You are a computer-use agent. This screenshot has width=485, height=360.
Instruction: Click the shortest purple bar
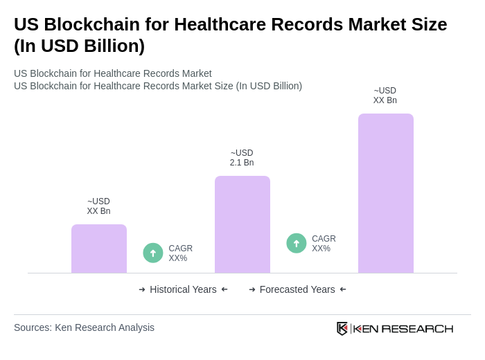point(99,249)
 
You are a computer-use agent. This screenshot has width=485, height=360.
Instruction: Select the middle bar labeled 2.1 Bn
point(242,224)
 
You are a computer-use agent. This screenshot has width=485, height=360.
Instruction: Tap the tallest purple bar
point(386,193)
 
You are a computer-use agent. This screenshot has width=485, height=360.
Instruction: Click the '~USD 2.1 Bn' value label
point(242,158)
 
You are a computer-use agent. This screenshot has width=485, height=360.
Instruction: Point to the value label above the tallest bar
point(385,96)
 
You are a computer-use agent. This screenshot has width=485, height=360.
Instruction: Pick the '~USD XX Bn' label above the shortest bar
point(98,206)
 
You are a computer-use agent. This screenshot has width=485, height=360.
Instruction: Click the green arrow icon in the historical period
point(153,253)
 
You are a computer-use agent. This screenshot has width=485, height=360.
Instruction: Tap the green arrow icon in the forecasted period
point(297,243)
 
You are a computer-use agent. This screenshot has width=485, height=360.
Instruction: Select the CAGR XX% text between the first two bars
point(180,253)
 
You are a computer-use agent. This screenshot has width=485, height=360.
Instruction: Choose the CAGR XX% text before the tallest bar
point(324,244)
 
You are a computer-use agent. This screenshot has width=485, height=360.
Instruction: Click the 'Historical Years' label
point(183,289)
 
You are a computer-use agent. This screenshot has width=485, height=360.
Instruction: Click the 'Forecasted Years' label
point(297,289)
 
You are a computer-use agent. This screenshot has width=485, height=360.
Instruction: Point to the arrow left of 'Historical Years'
point(142,289)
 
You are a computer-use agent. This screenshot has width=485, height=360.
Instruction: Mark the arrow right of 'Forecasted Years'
point(343,289)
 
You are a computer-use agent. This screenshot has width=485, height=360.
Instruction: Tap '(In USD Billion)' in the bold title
point(79,46)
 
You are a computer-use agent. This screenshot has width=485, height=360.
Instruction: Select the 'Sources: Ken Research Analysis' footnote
point(84,327)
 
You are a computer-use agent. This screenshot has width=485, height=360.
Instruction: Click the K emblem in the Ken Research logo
point(342,328)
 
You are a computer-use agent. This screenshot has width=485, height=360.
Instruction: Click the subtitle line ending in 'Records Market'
point(113,73)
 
